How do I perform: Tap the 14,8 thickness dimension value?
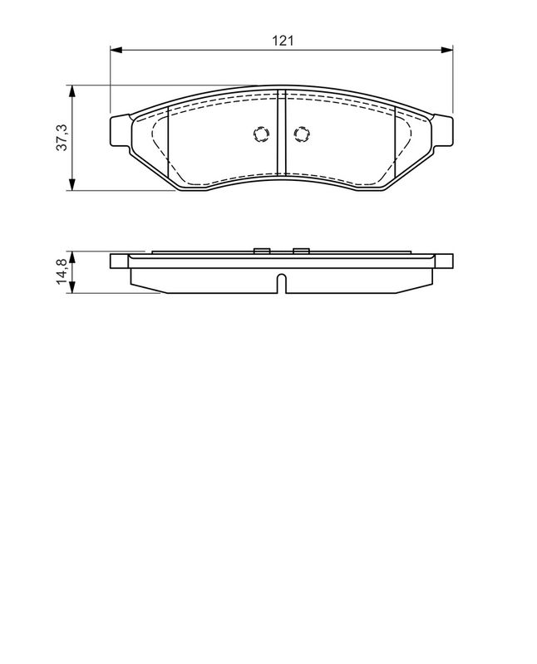pos(61,272)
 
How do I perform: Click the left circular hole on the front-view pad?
pos(260,134)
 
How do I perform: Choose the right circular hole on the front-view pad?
pos(301,134)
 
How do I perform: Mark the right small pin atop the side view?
pos(301,250)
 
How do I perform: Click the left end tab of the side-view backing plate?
pos(120,261)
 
